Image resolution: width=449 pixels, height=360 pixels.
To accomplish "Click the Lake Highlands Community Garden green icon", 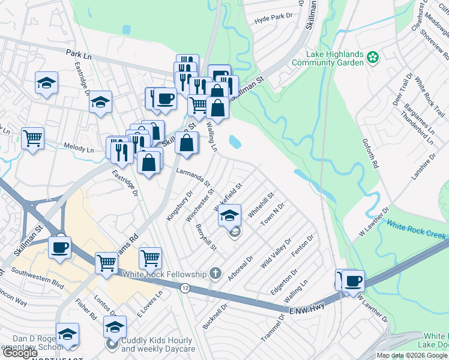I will (373, 58).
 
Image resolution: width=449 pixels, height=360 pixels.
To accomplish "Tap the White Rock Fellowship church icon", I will (216, 274).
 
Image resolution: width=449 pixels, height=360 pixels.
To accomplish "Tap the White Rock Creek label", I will (415, 229).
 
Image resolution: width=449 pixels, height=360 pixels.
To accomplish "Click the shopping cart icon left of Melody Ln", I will (32, 138).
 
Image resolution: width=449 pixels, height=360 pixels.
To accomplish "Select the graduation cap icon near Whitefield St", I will (229, 215).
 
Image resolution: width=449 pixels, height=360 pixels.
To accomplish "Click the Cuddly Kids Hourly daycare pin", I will (112, 344).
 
